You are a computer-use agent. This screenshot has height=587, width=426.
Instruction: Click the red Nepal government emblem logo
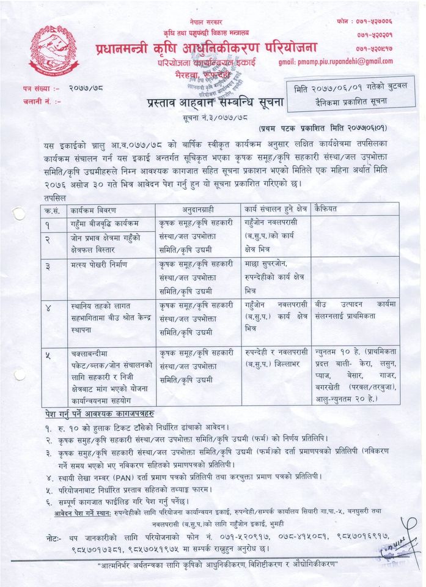[54, 51]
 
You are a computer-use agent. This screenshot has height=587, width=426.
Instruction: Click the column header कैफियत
[326, 210]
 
